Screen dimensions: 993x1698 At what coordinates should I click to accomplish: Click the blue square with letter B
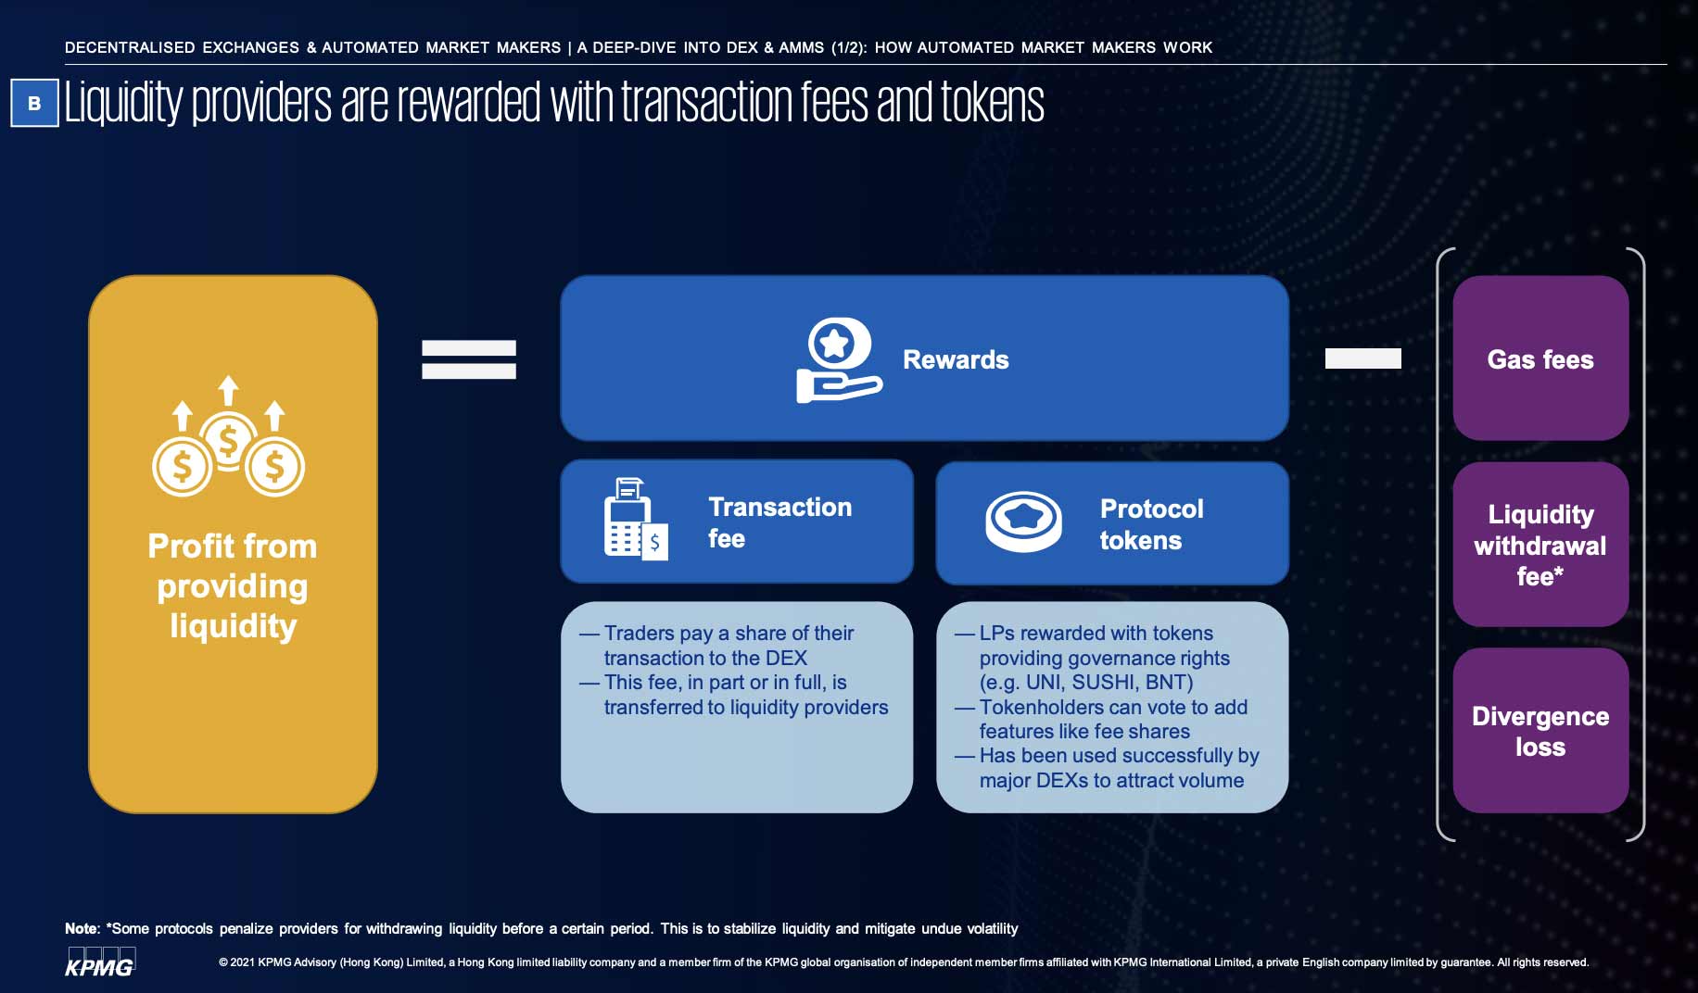coord(34,103)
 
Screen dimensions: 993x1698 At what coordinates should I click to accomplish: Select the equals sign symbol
coord(469,359)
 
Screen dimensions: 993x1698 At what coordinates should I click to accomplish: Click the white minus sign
coord(1362,358)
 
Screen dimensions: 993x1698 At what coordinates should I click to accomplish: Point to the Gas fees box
coord(1540,358)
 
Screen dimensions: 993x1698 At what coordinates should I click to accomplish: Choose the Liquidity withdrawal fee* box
coord(1540,545)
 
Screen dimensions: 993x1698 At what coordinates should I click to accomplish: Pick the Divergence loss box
coord(1540,731)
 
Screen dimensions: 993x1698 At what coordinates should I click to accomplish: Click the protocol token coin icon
coord(1023,522)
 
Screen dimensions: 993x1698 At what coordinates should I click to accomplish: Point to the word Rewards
coord(956,359)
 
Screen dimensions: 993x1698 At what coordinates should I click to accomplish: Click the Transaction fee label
coord(779,522)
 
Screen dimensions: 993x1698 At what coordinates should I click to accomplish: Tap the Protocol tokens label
coord(1151,524)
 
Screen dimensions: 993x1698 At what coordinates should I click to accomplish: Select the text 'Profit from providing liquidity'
coord(233,585)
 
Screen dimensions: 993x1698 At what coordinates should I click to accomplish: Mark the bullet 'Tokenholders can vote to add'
coord(1113,708)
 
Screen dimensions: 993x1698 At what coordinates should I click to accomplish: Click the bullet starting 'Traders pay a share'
coord(729,634)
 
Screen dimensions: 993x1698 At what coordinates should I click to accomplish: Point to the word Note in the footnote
coord(81,928)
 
